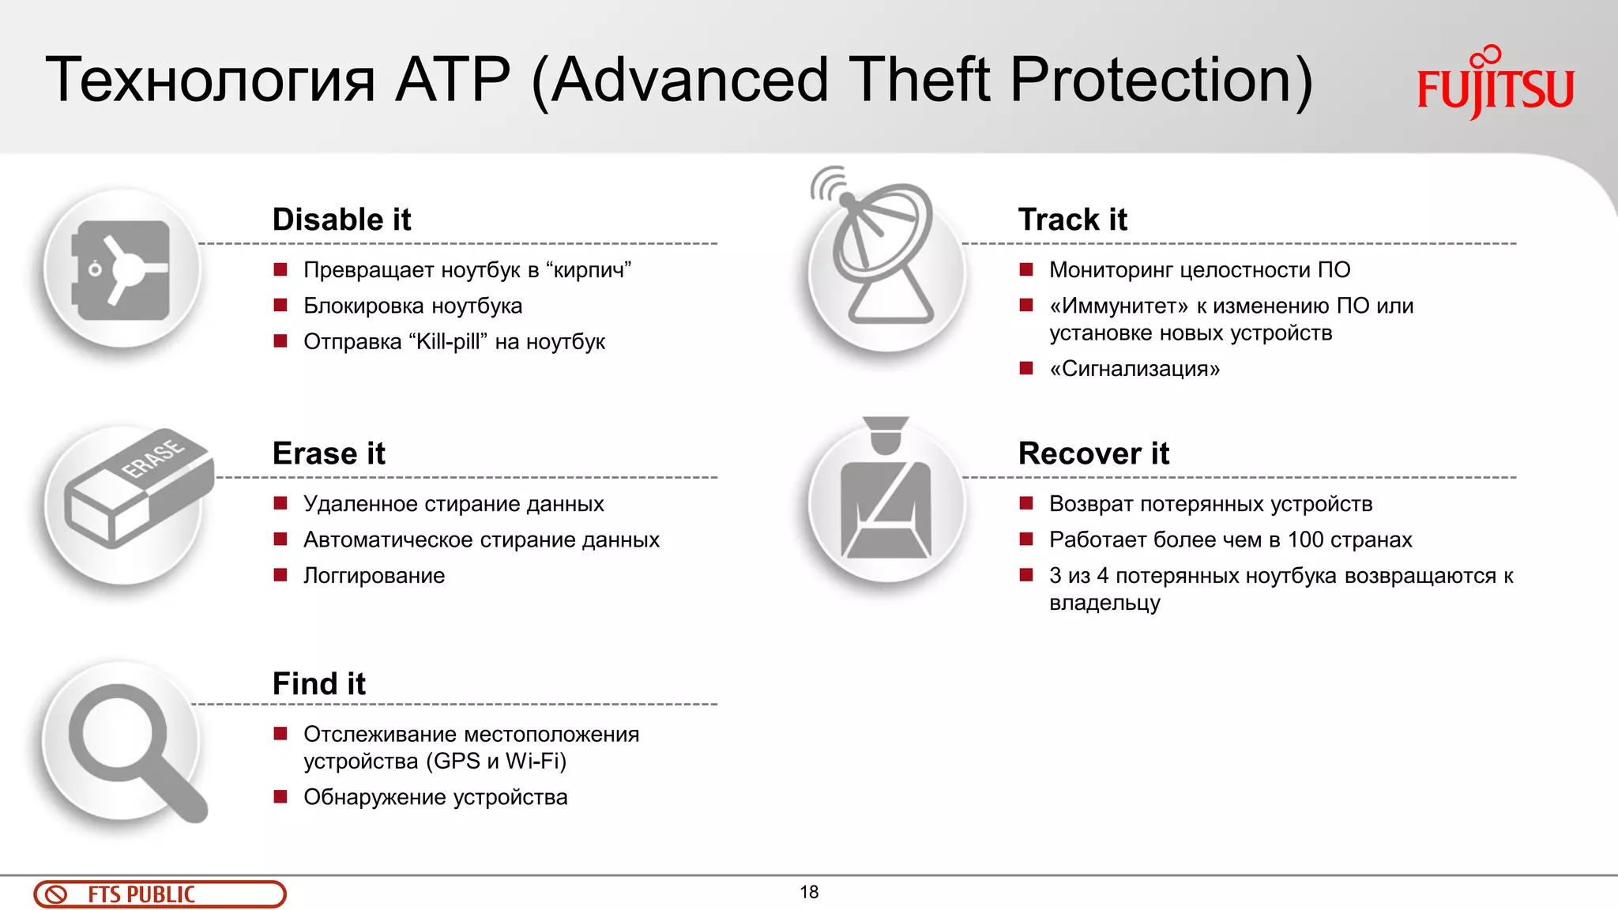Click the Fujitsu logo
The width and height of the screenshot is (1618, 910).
1495,84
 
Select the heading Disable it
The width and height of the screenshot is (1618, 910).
341,220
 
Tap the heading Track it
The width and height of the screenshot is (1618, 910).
1072,220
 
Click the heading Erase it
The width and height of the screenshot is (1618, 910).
329,453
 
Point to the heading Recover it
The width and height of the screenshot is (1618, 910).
1093,453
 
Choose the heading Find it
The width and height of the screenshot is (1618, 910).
318,683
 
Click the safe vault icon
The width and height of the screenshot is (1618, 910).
122,269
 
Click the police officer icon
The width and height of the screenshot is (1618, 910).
886,494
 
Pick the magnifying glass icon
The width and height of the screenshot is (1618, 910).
130,746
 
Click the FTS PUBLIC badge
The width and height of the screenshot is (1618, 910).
160,894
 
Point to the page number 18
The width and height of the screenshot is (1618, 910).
809,892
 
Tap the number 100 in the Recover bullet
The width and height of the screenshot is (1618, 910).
1304,540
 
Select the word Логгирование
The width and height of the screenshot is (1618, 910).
374,576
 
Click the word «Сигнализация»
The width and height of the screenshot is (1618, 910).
1134,369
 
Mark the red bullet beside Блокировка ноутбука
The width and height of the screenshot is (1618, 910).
280,306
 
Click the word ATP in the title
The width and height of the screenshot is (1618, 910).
453,81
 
